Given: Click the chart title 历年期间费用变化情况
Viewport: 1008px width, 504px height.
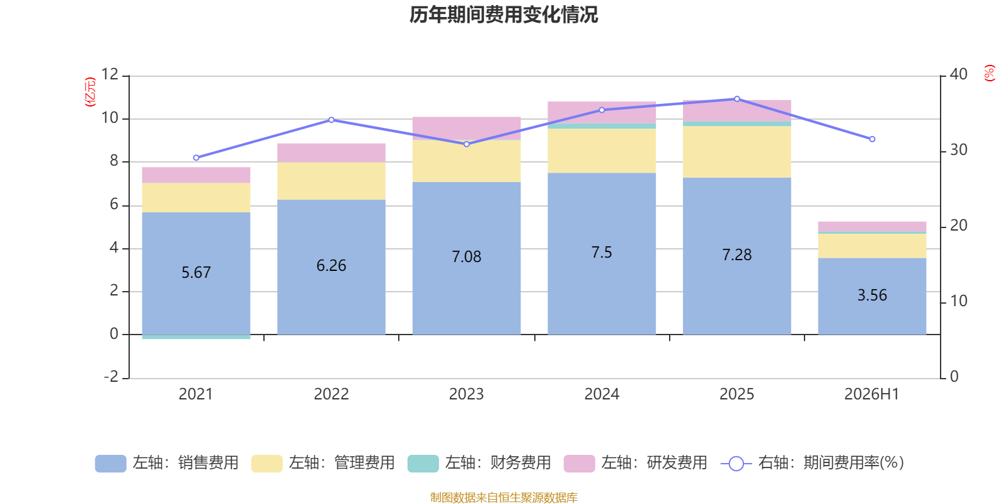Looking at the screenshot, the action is click(x=503, y=14).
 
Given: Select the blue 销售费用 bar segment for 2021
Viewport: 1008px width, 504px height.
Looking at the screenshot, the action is click(x=196, y=273).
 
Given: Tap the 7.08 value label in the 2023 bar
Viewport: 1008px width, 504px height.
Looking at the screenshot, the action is click(x=467, y=256).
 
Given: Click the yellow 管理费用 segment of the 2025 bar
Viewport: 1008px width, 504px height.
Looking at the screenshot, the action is click(x=736, y=152).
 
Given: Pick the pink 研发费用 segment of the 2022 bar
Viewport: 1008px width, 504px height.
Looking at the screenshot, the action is click(x=331, y=153).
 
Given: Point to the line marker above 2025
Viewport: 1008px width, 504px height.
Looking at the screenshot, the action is click(x=737, y=99).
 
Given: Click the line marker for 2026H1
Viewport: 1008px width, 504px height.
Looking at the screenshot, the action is click(x=872, y=139).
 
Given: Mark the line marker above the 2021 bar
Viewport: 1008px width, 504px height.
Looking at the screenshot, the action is click(x=196, y=158).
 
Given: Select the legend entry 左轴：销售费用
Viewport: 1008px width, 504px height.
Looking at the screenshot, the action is click(x=167, y=463).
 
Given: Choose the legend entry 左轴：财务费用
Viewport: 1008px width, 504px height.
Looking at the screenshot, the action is click(x=479, y=463).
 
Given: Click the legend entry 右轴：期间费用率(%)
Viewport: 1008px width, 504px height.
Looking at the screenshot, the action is click(x=812, y=463).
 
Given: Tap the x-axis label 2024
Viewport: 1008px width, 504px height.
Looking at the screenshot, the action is click(x=602, y=394).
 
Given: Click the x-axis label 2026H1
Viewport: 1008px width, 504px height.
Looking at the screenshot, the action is click(x=872, y=394).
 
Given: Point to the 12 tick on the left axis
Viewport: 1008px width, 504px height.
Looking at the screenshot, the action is click(x=110, y=74).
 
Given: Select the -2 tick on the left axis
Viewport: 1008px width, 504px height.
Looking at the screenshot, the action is click(x=111, y=376).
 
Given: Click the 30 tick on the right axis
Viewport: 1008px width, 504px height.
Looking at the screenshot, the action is click(x=958, y=150).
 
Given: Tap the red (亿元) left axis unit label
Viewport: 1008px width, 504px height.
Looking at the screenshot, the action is click(x=90, y=92).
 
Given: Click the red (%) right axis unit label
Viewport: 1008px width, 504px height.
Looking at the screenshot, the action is click(x=989, y=73).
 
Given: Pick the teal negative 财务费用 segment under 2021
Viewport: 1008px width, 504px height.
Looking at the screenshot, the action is click(x=196, y=336).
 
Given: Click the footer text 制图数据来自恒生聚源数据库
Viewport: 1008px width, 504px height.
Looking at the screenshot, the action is click(x=503, y=497).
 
